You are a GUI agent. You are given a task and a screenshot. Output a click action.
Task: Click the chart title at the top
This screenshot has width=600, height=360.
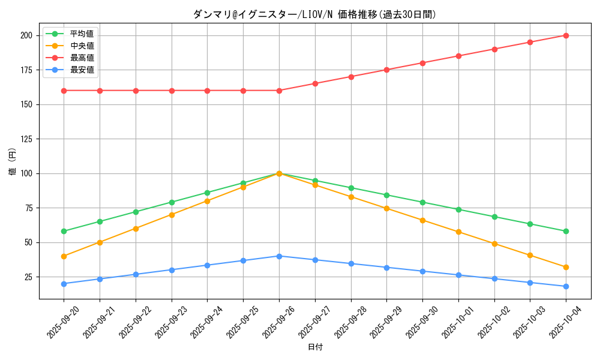314,14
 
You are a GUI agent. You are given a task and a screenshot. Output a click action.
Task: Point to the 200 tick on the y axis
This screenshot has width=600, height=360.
26,35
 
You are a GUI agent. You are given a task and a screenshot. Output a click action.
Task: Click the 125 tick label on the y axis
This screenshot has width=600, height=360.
26,139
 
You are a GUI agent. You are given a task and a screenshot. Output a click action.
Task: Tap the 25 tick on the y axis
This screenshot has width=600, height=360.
28,277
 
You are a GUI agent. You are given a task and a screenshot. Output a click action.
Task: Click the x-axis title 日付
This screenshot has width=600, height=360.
314,347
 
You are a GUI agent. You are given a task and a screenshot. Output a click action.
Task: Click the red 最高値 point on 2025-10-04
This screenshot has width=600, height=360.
566,35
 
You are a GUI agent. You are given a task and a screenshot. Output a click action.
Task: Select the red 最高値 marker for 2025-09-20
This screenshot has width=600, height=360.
64,91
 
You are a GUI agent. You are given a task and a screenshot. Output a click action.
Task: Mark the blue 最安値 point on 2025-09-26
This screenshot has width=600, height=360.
279,256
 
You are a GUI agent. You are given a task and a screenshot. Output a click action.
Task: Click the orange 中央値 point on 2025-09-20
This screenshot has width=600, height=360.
64,256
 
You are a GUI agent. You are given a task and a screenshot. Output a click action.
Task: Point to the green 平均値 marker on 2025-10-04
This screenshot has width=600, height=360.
566,231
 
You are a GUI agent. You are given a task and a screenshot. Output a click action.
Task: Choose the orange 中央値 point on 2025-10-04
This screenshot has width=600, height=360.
566,267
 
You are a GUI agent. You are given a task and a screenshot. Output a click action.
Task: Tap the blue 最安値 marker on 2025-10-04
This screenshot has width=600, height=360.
566,286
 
